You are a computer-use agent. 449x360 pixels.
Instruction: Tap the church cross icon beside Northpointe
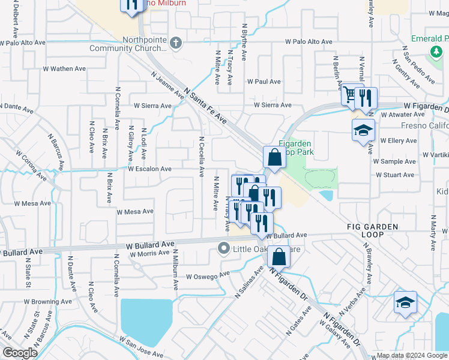click(175, 43)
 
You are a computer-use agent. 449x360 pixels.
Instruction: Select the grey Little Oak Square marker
click(224, 248)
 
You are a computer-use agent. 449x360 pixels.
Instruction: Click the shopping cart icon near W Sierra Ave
click(349, 95)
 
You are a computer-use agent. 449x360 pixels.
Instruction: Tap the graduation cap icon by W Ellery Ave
click(363, 130)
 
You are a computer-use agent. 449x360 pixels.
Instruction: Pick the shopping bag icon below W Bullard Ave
click(280, 257)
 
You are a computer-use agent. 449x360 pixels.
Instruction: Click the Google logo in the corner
click(20, 353)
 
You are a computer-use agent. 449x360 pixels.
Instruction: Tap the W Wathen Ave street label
click(65, 69)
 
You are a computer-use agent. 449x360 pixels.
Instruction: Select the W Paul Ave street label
click(264, 81)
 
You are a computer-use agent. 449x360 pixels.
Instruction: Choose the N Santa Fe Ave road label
click(206, 107)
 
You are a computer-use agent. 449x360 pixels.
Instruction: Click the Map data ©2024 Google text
click(411, 355)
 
